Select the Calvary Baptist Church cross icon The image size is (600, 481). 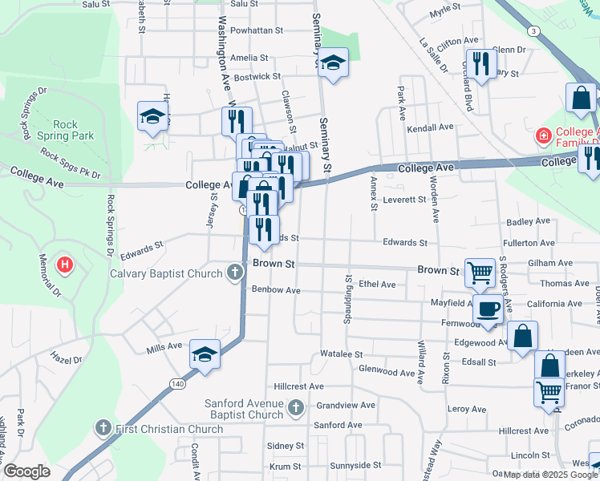click(x=235, y=273)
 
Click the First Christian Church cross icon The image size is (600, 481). click(x=103, y=428)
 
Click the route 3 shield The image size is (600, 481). click(x=533, y=30)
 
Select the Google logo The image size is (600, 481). click(x=27, y=471)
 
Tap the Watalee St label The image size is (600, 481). click(x=342, y=354)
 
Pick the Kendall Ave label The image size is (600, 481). click(x=431, y=127)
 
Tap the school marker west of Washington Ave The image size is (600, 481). click(x=152, y=116)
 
